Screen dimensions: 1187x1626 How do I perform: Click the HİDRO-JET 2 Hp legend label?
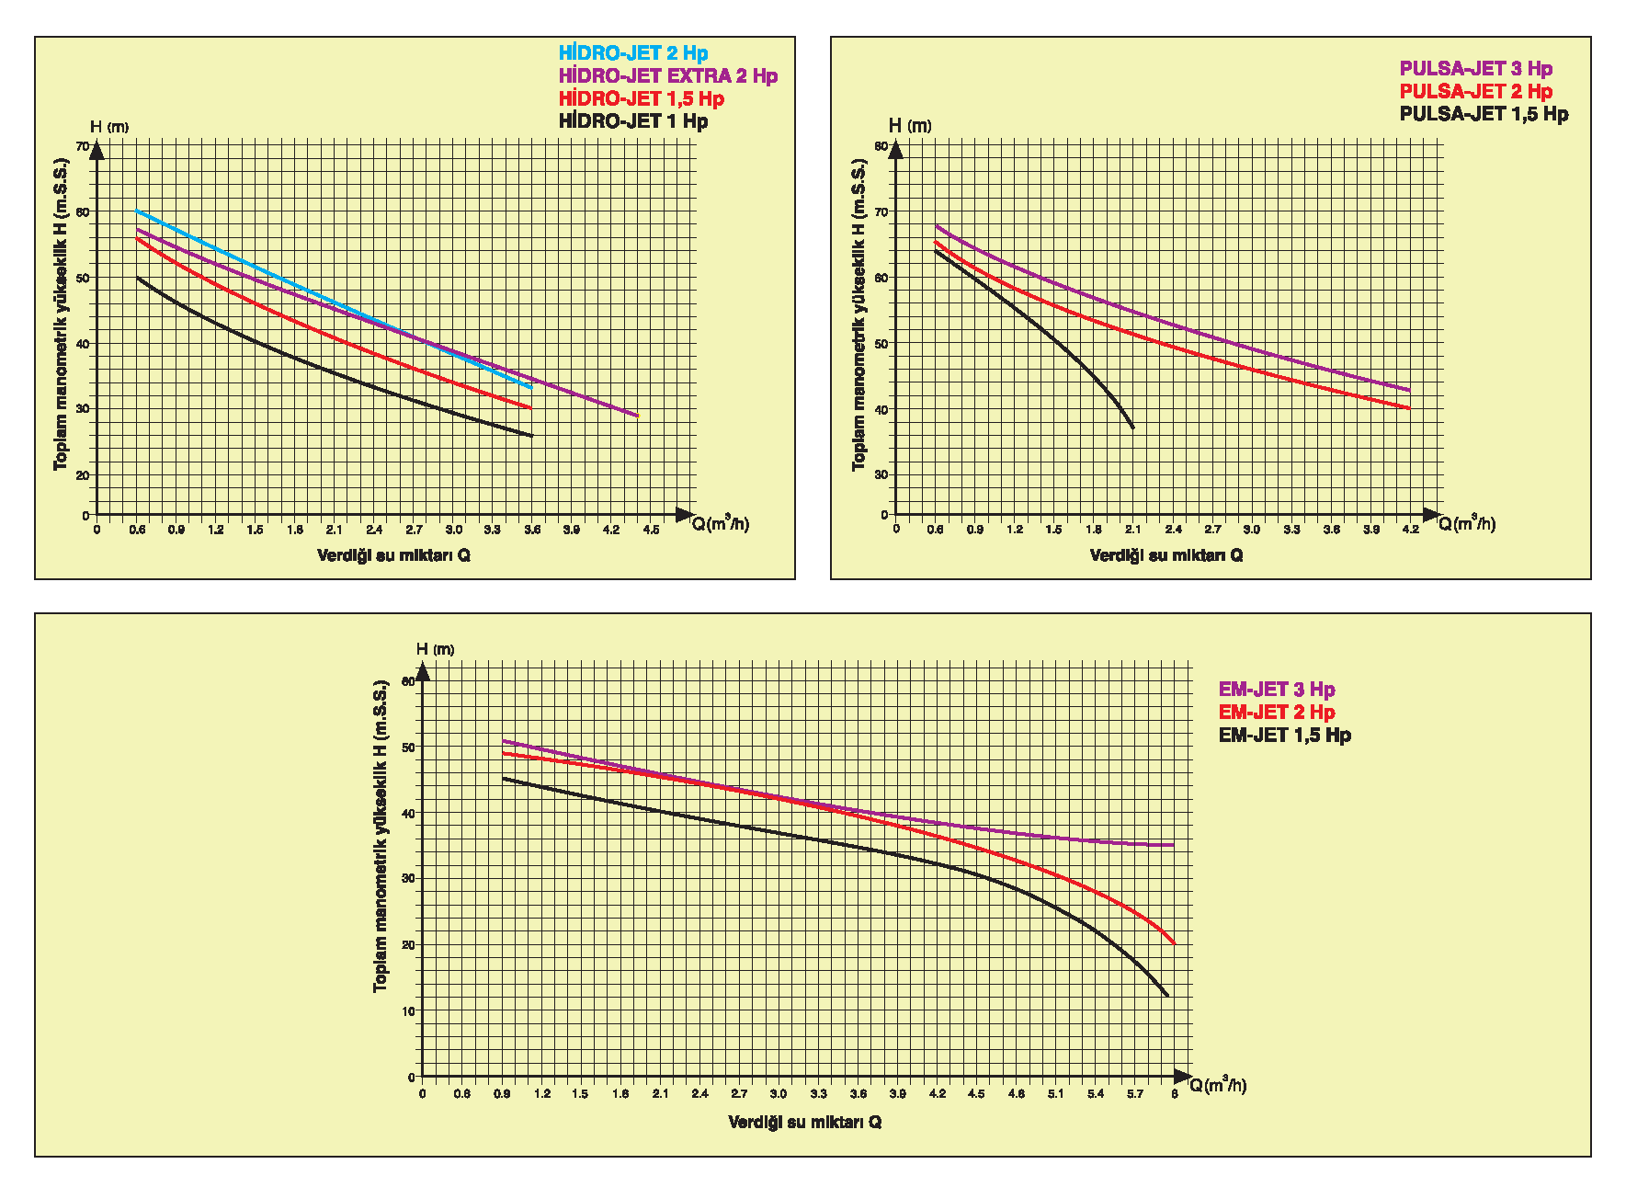pos(633,53)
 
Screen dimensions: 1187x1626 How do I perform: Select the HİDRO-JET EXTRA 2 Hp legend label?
pos(668,76)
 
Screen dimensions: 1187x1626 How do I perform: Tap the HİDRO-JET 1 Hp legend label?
pos(633,121)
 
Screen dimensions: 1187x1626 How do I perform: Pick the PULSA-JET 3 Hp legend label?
pos(1475,69)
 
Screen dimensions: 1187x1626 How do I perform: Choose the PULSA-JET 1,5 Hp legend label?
pos(1484,114)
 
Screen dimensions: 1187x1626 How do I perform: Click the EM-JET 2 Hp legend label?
pos(1277,713)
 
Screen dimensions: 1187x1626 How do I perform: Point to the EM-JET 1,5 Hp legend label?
pos(1284,736)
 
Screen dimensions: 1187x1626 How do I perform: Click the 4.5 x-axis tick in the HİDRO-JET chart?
pos(651,530)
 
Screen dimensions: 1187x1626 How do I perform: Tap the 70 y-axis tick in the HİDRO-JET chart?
pos(83,146)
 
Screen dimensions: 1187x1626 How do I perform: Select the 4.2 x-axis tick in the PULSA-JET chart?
pos(1410,530)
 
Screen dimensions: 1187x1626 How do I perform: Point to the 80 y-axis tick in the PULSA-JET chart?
pos(881,146)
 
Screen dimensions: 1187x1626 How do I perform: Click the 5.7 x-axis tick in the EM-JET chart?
pos(1135,1094)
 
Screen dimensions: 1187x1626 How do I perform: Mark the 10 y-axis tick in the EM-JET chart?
pos(409,1011)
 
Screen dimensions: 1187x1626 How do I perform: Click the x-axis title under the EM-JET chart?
pos(804,1123)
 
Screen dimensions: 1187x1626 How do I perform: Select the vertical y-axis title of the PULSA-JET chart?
pos(858,314)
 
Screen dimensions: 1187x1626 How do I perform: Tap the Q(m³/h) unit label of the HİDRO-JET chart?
pos(721,524)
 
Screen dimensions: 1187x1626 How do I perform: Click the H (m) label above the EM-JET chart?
pos(435,650)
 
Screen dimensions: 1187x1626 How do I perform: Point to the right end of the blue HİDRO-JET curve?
pos(531,387)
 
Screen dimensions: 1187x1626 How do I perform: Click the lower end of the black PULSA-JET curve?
pos(1133,428)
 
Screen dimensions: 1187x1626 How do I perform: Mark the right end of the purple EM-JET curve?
pos(1174,845)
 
